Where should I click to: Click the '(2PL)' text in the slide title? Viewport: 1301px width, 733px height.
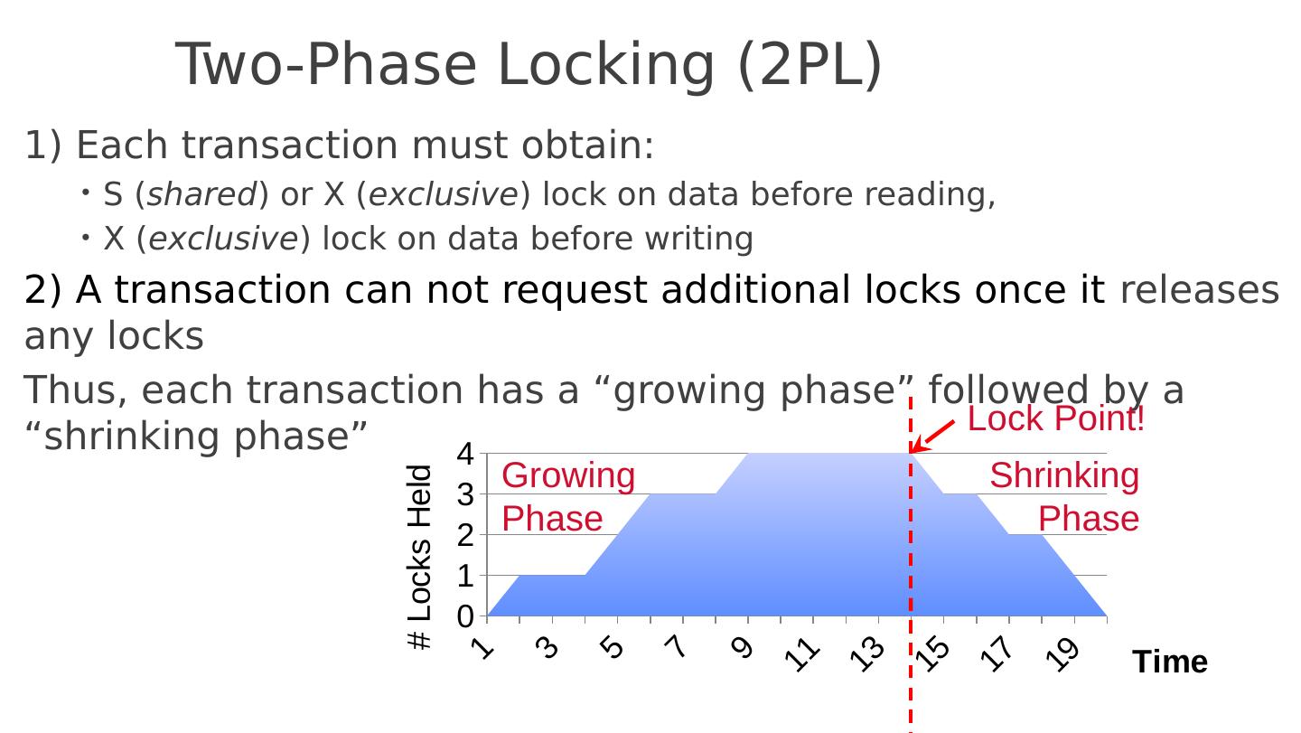tap(810, 65)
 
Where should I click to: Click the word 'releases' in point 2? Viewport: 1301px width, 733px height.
tap(1200, 290)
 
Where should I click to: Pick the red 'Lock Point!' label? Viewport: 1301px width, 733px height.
tap(1056, 419)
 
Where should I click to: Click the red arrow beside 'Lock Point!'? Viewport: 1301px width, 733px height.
tap(932, 436)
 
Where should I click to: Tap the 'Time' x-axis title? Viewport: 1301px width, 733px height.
tap(1170, 662)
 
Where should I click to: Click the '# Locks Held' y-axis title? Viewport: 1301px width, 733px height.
tap(420, 557)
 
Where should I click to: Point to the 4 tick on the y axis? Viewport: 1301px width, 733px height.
tap(465, 453)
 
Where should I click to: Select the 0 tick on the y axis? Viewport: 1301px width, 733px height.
tap(465, 616)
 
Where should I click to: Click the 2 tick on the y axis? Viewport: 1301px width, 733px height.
tap(465, 535)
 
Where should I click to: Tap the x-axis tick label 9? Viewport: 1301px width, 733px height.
tap(742, 647)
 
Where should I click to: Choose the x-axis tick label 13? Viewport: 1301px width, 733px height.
tap(868, 653)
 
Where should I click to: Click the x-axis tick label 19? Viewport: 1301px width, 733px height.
tap(1064, 653)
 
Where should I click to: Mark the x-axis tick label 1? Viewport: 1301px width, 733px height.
tap(484, 647)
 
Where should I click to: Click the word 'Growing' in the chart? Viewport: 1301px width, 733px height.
tap(568, 475)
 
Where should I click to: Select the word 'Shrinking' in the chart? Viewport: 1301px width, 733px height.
tap(1064, 475)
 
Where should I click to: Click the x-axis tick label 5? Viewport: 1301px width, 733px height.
tap(613, 647)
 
